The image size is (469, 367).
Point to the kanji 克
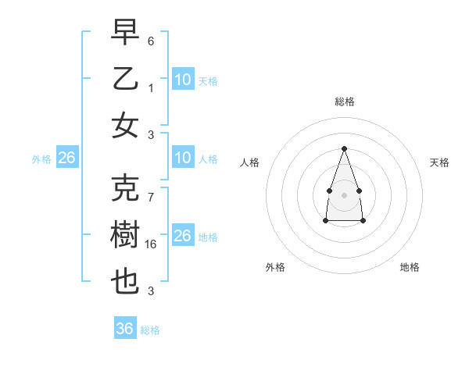126,187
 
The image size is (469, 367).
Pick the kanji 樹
126,234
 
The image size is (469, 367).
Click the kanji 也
126,282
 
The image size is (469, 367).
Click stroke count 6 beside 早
152,39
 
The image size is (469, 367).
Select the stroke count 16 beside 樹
152,244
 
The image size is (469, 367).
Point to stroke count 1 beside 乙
152,87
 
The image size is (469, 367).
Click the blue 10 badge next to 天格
183,80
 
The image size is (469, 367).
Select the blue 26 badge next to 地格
183,236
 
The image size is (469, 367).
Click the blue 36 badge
125,329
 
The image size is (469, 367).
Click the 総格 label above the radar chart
345,102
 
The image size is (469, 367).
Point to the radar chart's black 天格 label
439,162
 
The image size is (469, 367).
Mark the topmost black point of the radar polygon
344,148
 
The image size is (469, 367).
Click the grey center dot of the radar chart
344,194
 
